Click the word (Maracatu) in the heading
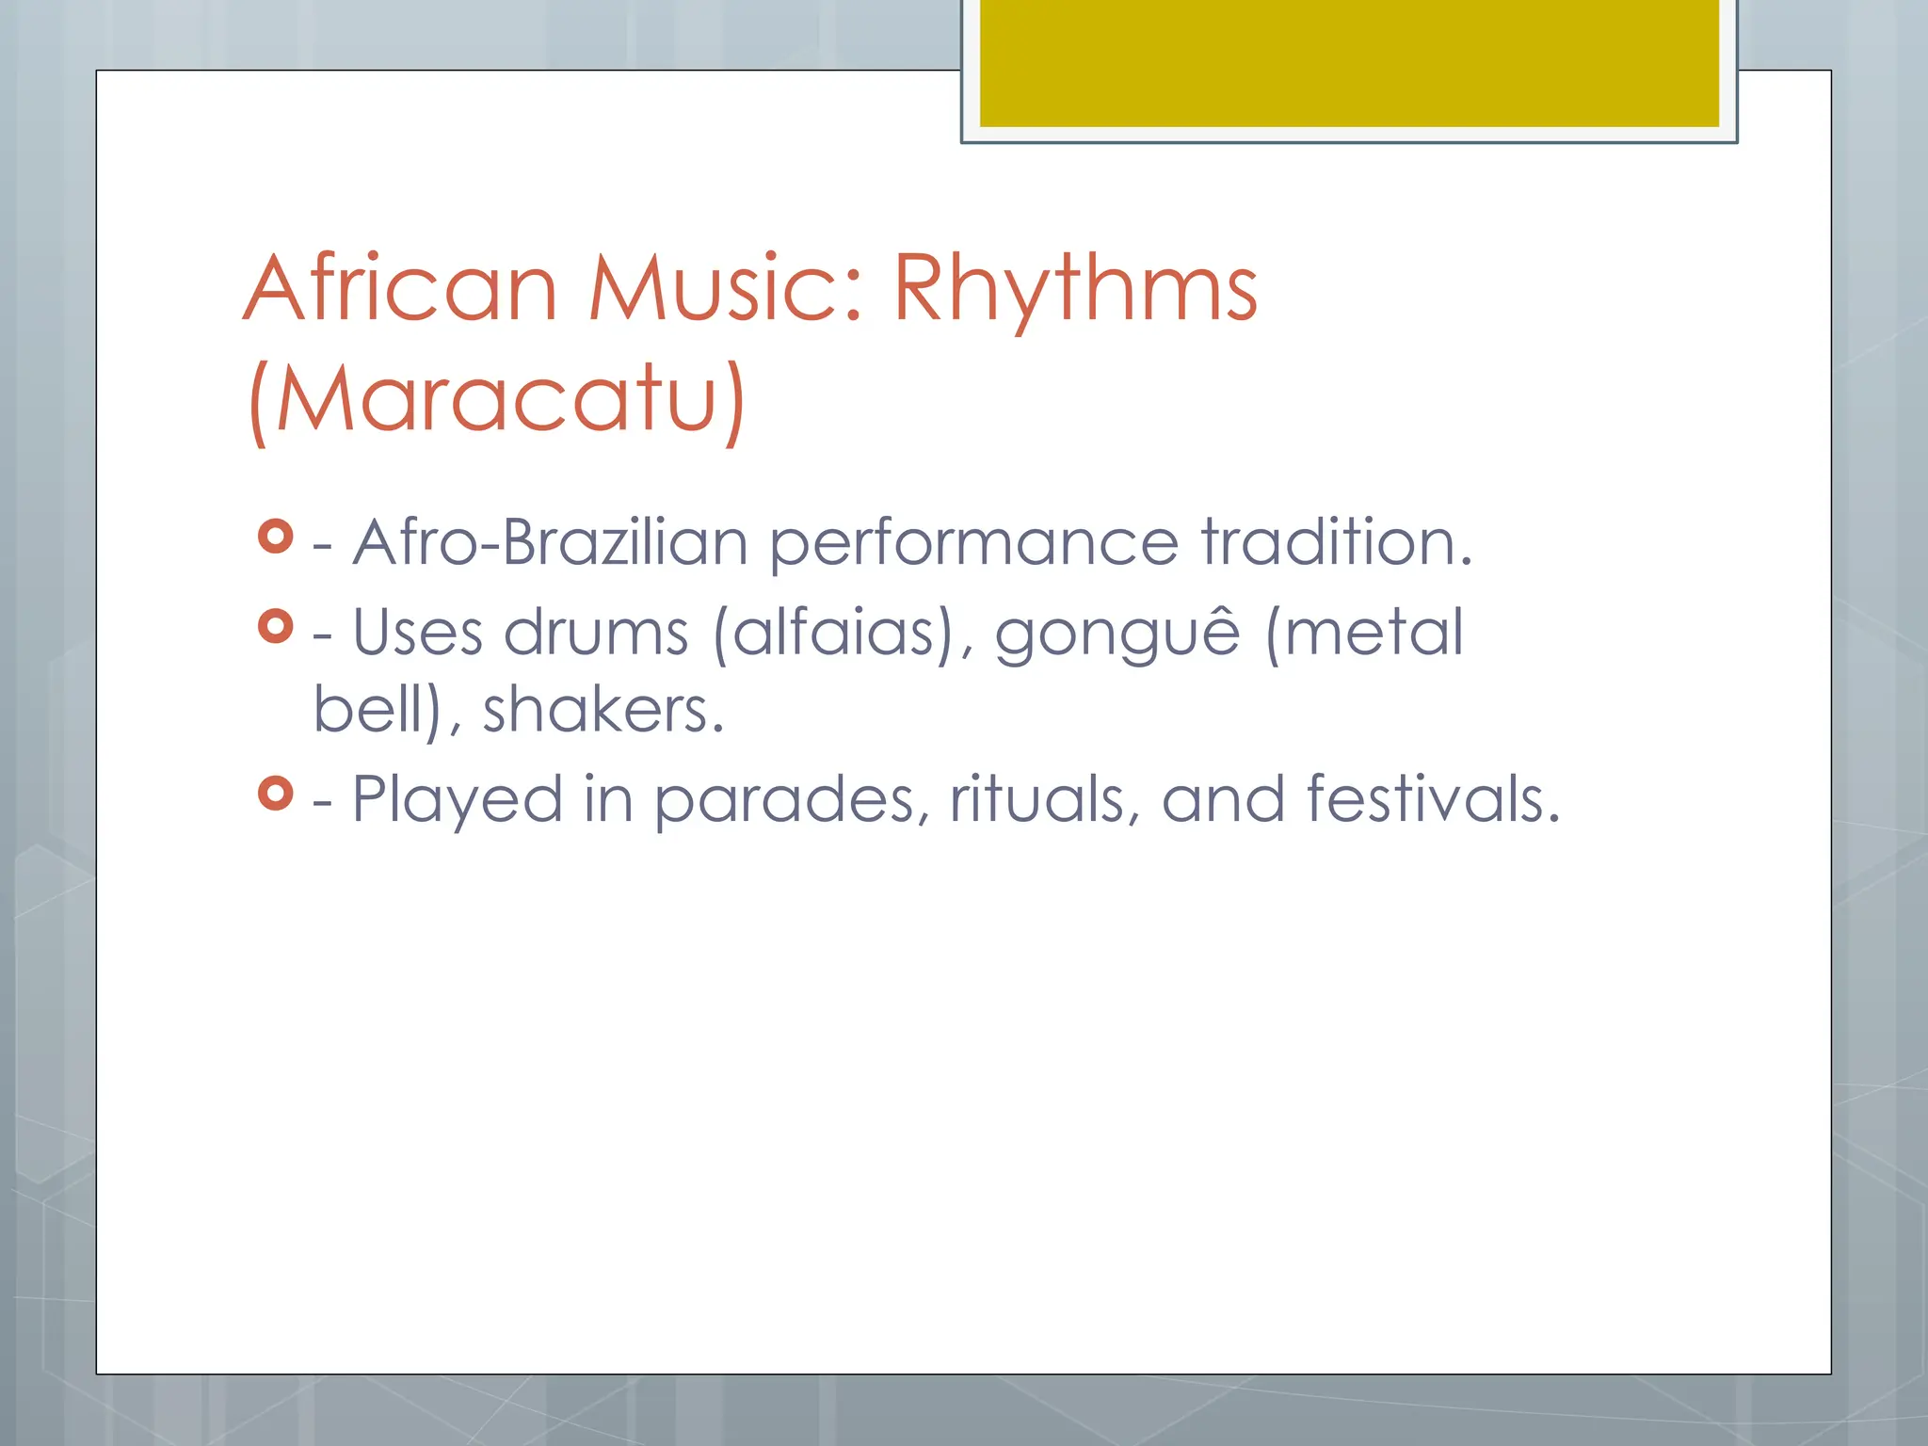(497, 399)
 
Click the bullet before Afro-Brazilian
(275, 537)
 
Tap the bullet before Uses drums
(275, 626)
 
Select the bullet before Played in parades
(275, 794)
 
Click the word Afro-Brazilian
(550, 543)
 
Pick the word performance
(973, 543)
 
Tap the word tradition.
(1336, 543)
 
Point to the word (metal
(1364, 633)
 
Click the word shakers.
(603, 710)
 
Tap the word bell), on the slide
(387, 710)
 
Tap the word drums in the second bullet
(596, 633)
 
